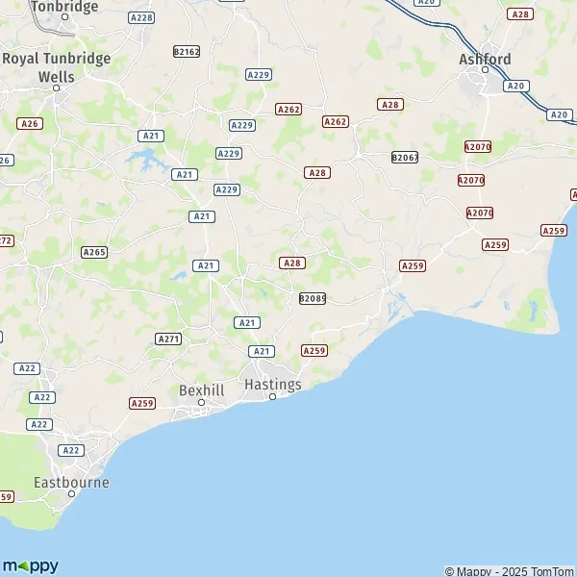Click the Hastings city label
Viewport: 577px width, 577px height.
(x=273, y=384)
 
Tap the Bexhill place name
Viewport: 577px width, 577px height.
(x=201, y=389)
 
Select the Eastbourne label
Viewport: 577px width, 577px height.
(x=71, y=482)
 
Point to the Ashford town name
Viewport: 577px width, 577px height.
(x=485, y=59)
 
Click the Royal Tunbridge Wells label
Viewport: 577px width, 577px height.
(x=57, y=66)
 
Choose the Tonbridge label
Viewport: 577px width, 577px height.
(x=64, y=7)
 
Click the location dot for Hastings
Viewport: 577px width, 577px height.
(x=272, y=396)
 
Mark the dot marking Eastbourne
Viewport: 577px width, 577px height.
(x=71, y=494)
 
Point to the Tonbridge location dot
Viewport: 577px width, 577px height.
(x=64, y=17)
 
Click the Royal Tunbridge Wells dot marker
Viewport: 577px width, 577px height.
(x=57, y=88)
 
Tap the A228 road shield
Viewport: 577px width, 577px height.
(x=141, y=17)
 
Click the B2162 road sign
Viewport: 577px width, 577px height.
(x=187, y=51)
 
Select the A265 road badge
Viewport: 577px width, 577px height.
(x=94, y=252)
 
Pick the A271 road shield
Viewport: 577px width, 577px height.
(x=168, y=339)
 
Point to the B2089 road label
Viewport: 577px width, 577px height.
(x=313, y=299)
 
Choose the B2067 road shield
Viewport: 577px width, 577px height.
(x=405, y=157)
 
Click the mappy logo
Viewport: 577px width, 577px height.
(x=31, y=565)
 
